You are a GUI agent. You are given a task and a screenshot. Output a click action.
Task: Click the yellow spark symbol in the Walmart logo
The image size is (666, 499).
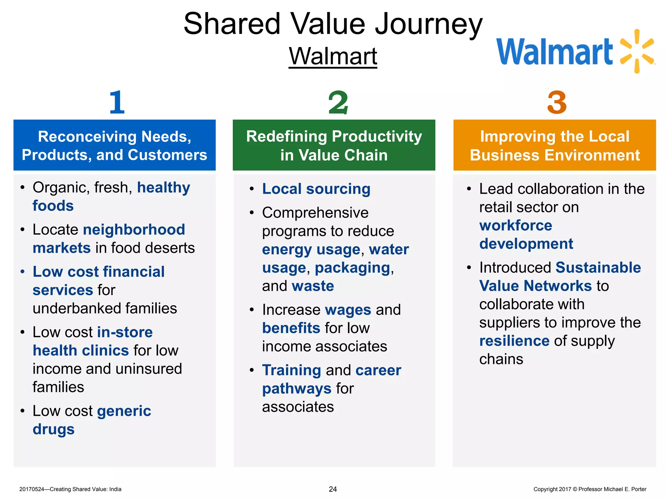(x=637, y=51)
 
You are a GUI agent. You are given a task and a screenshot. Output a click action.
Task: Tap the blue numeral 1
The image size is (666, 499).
(x=117, y=102)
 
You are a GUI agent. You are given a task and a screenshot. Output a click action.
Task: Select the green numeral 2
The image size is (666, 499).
(x=338, y=103)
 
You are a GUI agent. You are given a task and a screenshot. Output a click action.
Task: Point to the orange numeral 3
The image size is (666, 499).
(x=557, y=103)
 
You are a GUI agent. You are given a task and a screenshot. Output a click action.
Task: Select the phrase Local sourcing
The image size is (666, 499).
(x=316, y=189)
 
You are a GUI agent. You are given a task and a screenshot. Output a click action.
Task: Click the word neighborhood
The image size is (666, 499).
(x=134, y=230)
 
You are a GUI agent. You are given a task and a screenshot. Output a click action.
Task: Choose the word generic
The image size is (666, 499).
(x=124, y=411)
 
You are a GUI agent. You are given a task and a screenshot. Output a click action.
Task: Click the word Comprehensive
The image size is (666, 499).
(x=315, y=213)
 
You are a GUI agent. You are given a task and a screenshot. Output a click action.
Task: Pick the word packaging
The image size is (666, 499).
(x=353, y=268)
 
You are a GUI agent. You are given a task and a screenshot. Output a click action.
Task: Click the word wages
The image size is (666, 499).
(x=348, y=310)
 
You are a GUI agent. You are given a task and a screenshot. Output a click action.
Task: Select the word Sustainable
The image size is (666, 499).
(x=598, y=268)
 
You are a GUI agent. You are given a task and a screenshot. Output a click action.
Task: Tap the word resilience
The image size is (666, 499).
(x=514, y=341)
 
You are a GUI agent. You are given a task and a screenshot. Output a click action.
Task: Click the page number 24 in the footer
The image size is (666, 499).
(x=333, y=489)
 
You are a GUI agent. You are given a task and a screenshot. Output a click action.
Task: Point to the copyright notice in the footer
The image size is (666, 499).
(x=590, y=489)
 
